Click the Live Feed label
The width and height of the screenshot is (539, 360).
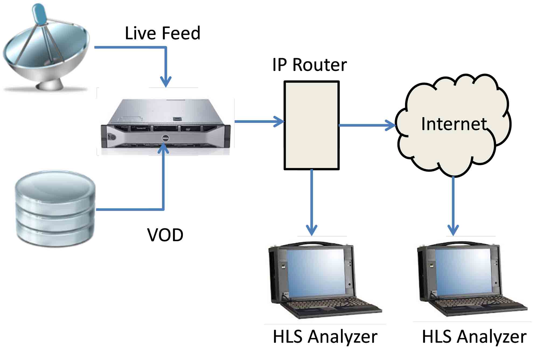(x=162, y=33)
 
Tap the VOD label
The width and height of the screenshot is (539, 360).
(x=165, y=235)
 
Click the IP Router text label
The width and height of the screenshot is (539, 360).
(x=309, y=65)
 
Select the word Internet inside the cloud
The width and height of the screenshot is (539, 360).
(x=454, y=124)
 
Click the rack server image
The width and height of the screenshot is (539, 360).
(x=166, y=124)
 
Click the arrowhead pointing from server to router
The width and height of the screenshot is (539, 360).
(x=279, y=122)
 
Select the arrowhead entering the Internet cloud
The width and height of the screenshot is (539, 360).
(x=390, y=125)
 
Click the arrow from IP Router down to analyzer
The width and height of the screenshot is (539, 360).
(x=312, y=202)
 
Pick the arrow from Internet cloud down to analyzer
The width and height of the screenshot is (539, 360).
(x=453, y=205)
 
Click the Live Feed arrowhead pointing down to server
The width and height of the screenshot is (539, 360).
(x=166, y=81)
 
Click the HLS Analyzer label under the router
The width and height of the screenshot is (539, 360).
(x=325, y=337)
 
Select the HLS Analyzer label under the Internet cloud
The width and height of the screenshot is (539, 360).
(x=474, y=337)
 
